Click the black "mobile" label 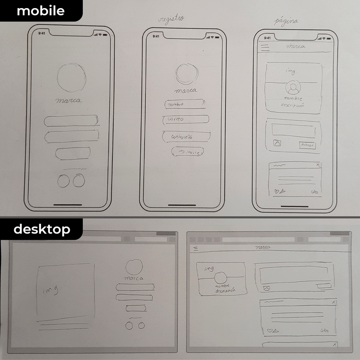click(40, 11)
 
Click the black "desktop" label click(41, 229)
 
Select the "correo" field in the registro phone click(185, 119)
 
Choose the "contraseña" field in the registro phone click(184, 136)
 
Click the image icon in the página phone click(276, 144)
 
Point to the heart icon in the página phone click(277, 191)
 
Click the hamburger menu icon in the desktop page click(195, 248)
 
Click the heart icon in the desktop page click(270, 331)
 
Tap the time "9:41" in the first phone click(42, 33)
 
